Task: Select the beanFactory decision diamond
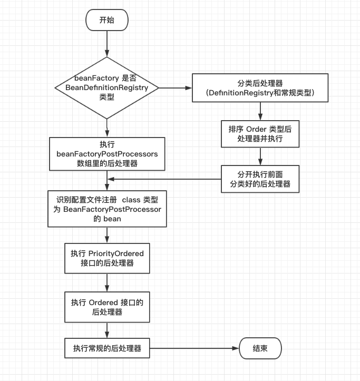click(x=106, y=86)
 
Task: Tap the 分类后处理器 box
click(x=260, y=87)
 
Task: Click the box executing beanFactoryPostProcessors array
click(x=107, y=153)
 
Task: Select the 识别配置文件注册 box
click(x=107, y=209)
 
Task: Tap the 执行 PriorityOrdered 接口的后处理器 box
click(x=107, y=258)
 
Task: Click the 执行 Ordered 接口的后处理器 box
click(x=107, y=307)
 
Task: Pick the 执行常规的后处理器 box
click(x=107, y=348)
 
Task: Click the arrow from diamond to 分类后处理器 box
click(x=175, y=86)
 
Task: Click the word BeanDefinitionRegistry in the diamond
click(x=106, y=87)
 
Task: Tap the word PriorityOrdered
click(x=116, y=253)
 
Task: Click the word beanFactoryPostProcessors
click(x=107, y=153)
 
